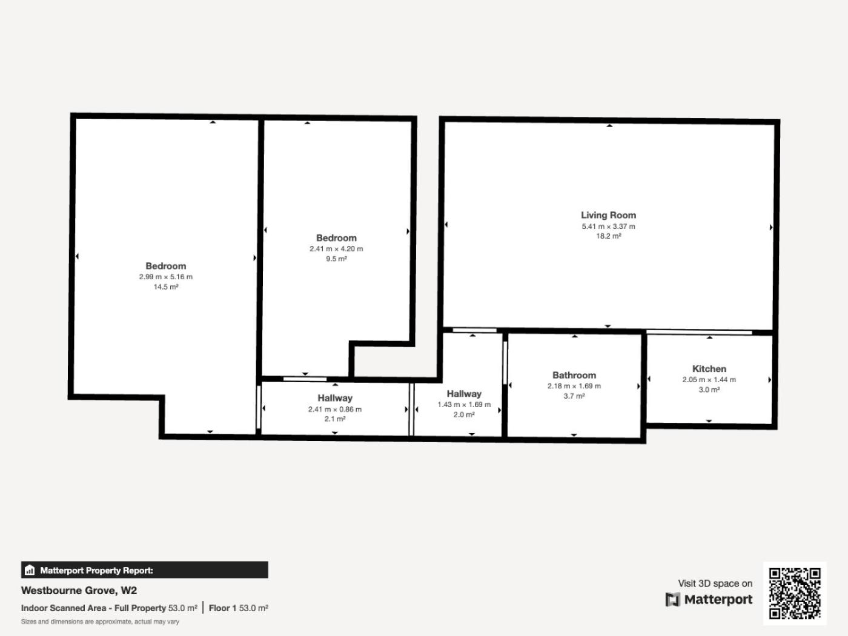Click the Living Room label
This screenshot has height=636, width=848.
pyautogui.click(x=608, y=215)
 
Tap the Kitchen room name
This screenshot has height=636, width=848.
pyautogui.click(x=709, y=369)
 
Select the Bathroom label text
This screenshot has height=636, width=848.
pyautogui.click(x=574, y=375)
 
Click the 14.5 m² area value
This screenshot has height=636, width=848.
pyautogui.click(x=166, y=287)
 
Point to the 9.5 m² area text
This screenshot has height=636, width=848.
pyautogui.click(x=336, y=259)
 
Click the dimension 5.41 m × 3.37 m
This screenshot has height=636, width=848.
pyautogui.click(x=609, y=227)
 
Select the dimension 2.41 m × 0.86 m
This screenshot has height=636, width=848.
pyautogui.click(x=335, y=409)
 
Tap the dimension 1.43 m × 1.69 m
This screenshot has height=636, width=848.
pyautogui.click(x=464, y=404)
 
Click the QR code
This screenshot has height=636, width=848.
pyautogui.click(x=795, y=593)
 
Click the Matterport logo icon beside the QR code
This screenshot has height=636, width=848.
pyautogui.click(x=672, y=600)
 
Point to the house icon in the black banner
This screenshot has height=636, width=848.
pyautogui.click(x=30, y=570)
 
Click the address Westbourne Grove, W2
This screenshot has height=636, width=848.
pyautogui.click(x=79, y=591)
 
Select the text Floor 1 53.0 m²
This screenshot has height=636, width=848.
pyautogui.click(x=239, y=608)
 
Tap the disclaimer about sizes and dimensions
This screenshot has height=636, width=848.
pyautogui.click(x=100, y=621)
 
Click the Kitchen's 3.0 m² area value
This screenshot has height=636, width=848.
pyautogui.click(x=709, y=389)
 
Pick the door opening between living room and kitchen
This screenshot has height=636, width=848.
pyautogui.click(x=699, y=332)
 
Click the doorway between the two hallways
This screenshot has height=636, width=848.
pyautogui.click(x=411, y=409)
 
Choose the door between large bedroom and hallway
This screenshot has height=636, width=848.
pyautogui.click(x=259, y=407)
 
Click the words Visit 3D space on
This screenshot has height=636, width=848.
pyautogui.click(x=715, y=583)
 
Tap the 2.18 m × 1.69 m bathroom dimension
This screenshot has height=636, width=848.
pyautogui.click(x=574, y=386)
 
